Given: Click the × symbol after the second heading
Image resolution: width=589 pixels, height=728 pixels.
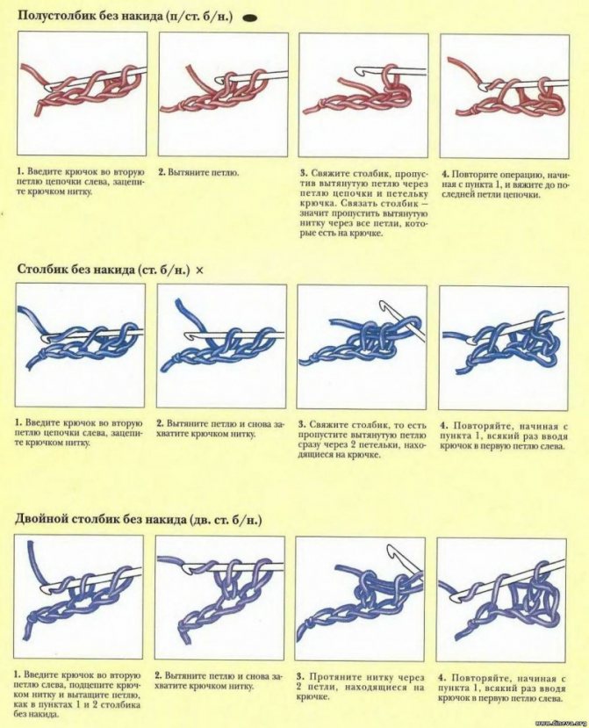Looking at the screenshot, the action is pyautogui.click(x=199, y=270).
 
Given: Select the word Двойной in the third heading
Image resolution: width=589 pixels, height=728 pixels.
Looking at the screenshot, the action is pyautogui.click(x=40, y=519).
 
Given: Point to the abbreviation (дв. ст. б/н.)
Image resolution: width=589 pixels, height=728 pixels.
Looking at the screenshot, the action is pyautogui.click(x=226, y=520).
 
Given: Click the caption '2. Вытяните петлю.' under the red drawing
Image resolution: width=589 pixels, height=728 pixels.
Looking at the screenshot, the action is pyautogui.click(x=198, y=173).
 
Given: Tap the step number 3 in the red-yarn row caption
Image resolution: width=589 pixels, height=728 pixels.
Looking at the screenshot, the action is pyautogui.click(x=303, y=173).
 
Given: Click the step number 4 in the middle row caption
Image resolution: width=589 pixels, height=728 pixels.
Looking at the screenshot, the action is pyautogui.click(x=443, y=426).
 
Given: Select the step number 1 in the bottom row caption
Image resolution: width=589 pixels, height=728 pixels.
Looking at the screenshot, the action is pyautogui.click(x=18, y=674).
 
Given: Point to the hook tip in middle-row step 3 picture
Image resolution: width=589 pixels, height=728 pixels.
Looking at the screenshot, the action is pyautogui.click(x=384, y=304).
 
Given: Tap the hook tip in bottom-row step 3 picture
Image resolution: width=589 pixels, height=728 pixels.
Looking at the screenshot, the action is pyautogui.click(x=391, y=551).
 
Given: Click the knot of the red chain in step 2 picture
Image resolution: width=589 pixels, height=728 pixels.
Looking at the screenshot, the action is pyautogui.click(x=178, y=109).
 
